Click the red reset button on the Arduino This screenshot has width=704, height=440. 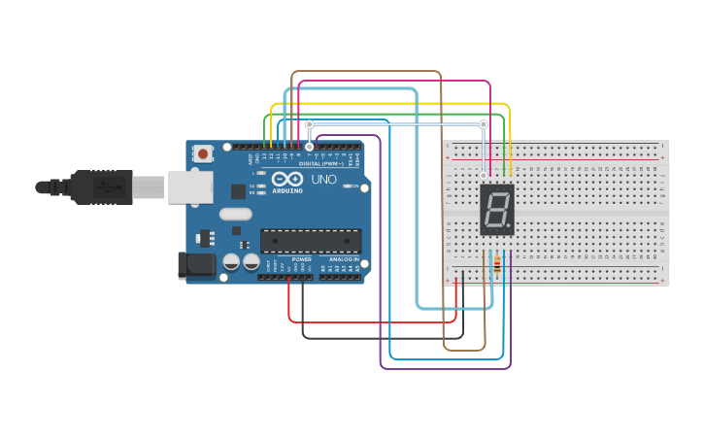click(x=203, y=153)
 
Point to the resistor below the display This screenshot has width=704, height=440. click(x=498, y=265)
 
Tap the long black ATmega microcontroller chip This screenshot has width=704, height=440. click(x=311, y=241)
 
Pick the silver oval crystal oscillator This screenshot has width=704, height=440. click(x=235, y=214)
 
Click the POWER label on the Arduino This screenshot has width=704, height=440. click(x=302, y=259)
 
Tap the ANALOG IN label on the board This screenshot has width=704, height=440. click(x=342, y=259)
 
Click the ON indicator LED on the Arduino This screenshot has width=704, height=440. click(x=355, y=186)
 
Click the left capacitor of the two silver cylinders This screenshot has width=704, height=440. click(x=231, y=262)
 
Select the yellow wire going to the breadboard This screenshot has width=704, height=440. click(x=388, y=104)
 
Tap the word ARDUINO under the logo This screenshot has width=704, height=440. click(x=288, y=190)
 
